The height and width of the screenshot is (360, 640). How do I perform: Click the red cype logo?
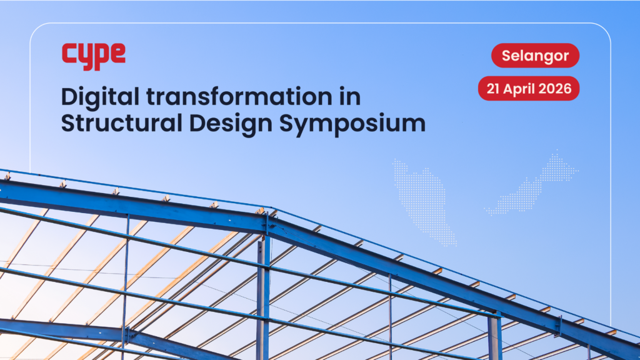[x=94, y=56]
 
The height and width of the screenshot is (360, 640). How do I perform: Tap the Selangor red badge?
[x=535, y=56]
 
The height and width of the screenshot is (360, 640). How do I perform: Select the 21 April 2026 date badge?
[x=529, y=88]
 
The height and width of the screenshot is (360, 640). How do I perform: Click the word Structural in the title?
[x=122, y=123]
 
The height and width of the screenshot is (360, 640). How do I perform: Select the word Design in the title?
[x=231, y=124]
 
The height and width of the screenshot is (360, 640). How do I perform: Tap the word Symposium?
[x=352, y=124]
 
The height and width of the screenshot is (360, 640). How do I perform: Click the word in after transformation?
[x=350, y=97]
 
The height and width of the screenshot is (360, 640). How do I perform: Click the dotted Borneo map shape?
[x=531, y=184]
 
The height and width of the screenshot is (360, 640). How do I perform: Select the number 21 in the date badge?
[x=493, y=89]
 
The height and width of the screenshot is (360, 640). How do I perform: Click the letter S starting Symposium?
[x=287, y=123]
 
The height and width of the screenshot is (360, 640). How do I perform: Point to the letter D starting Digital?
[x=70, y=97]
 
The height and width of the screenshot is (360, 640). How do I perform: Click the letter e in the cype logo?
[x=118, y=54]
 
